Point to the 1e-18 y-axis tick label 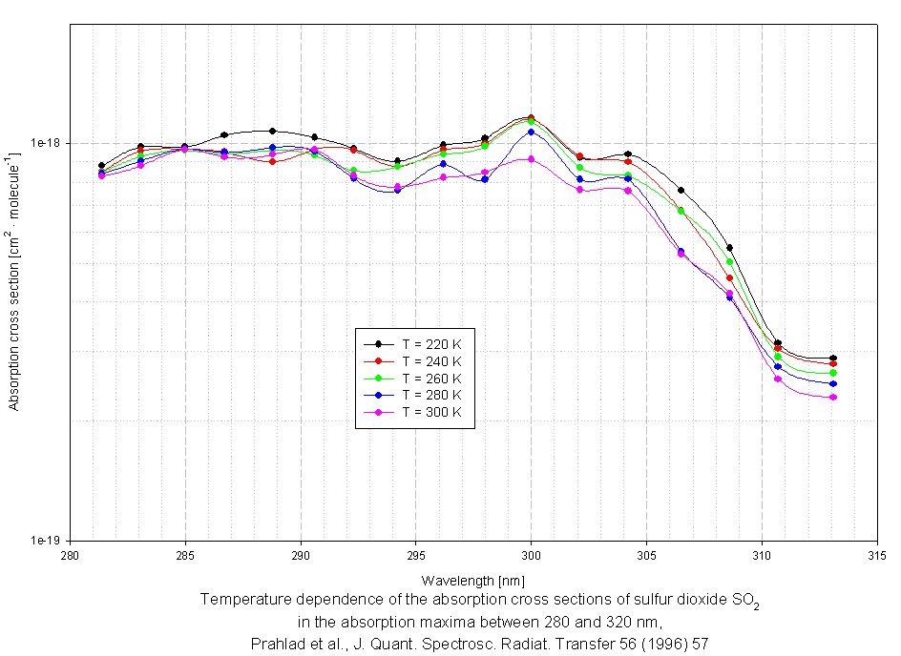click(47, 144)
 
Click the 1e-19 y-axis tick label click(47, 541)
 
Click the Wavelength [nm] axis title click(472, 580)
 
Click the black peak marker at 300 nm click(531, 117)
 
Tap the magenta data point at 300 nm click(531, 158)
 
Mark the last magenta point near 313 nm click(833, 397)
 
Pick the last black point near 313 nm click(833, 358)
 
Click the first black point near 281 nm click(101, 165)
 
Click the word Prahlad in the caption click(275, 643)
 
